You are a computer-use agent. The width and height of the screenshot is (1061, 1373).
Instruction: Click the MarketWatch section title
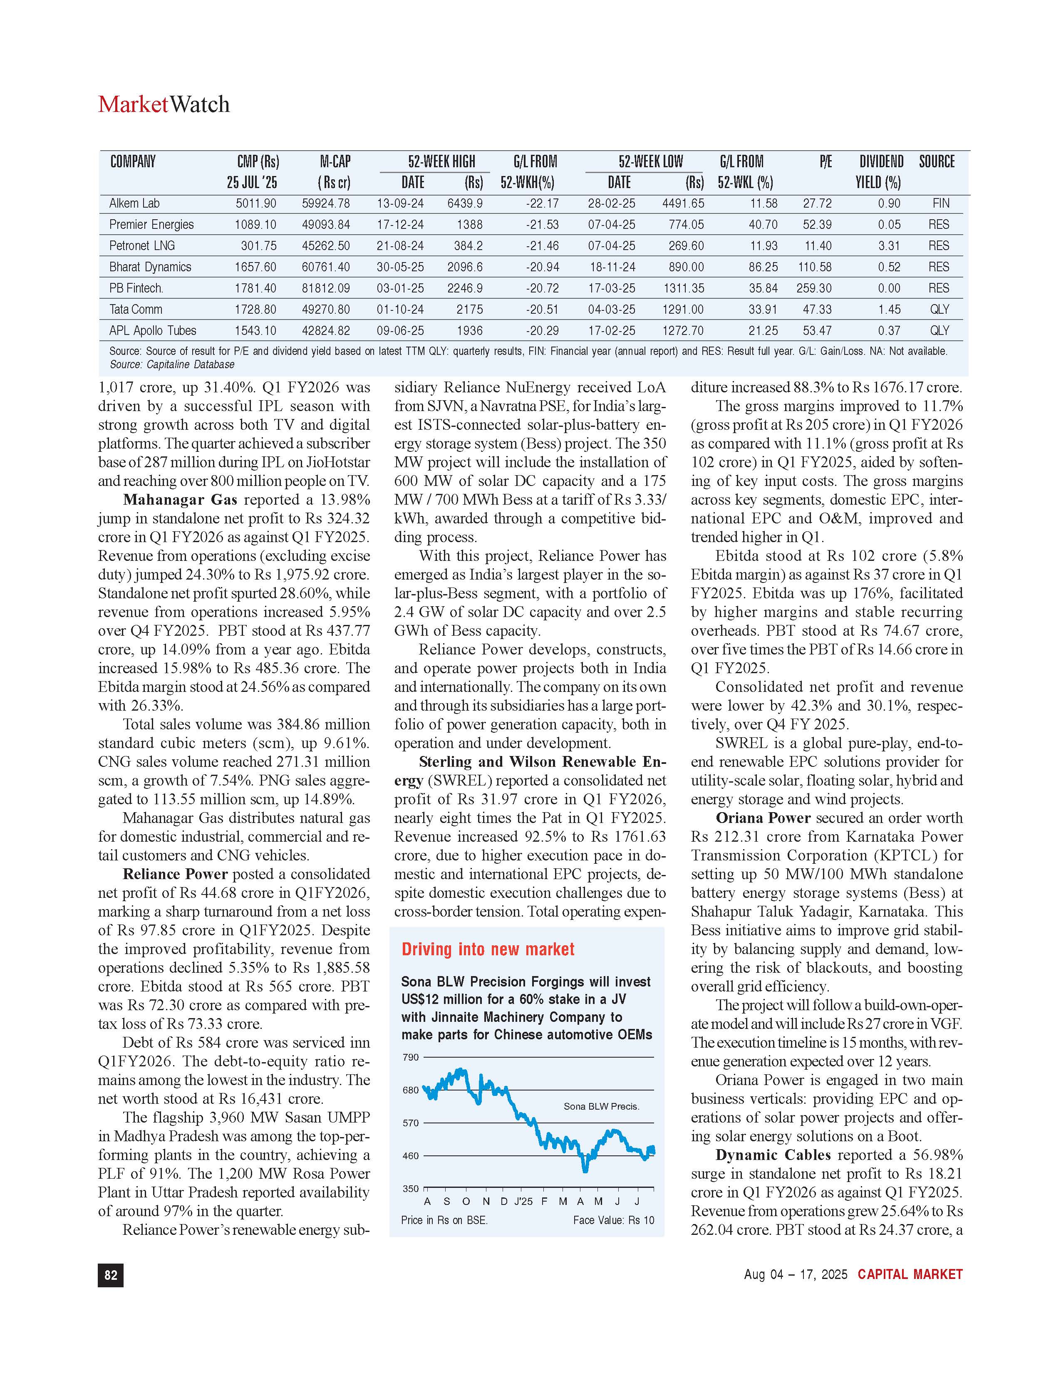click(x=164, y=104)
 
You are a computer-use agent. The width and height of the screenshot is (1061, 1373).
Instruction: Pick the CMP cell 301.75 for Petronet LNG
click(x=258, y=246)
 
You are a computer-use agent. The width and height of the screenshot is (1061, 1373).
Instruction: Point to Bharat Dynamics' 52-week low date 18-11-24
click(x=612, y=267)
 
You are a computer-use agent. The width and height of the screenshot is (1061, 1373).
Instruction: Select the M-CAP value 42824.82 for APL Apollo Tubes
click(x=326, y=331)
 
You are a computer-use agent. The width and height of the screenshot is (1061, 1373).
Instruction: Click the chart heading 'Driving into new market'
click(x=488, y=949)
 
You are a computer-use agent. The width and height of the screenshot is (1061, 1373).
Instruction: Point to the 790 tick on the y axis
click(x=410, y=1057)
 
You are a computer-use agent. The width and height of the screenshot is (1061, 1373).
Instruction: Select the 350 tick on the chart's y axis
click(x=410, y=1189)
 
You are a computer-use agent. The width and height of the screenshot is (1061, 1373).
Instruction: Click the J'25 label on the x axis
click(x=523, y=1202)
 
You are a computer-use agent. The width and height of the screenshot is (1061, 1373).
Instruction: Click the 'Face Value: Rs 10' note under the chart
click(x=613, y=1220)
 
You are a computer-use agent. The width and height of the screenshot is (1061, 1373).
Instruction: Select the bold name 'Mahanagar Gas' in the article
click(x=180, y=500)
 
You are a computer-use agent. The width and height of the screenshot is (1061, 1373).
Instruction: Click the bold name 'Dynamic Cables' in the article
click(x=773, y=1155)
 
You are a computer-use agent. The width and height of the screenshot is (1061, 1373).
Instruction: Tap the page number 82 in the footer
click(x=111, y=1275)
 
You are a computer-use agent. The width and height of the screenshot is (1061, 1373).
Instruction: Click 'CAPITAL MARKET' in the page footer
click(x=910, y=1274)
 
